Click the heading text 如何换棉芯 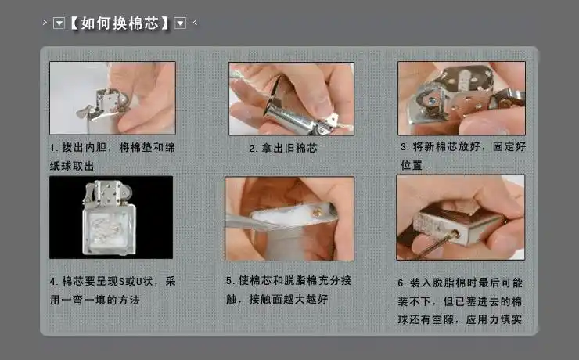click(120, 23)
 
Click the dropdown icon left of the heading click(59, 23)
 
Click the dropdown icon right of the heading click(181, 23)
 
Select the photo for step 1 click(112, 98)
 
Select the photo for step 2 click(291, 99)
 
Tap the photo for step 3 click(461, 99)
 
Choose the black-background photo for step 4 click(111, 217)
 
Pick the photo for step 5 click(289, 218)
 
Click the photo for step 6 click(460, 217)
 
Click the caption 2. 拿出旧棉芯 click(282, 147)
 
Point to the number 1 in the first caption click(52, 147)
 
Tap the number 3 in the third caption click(403, 146)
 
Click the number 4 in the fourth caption click(52, 280)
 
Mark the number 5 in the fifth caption click(229, 280)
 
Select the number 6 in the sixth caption click(401, 282)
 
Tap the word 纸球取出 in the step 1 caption click(72, 166)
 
